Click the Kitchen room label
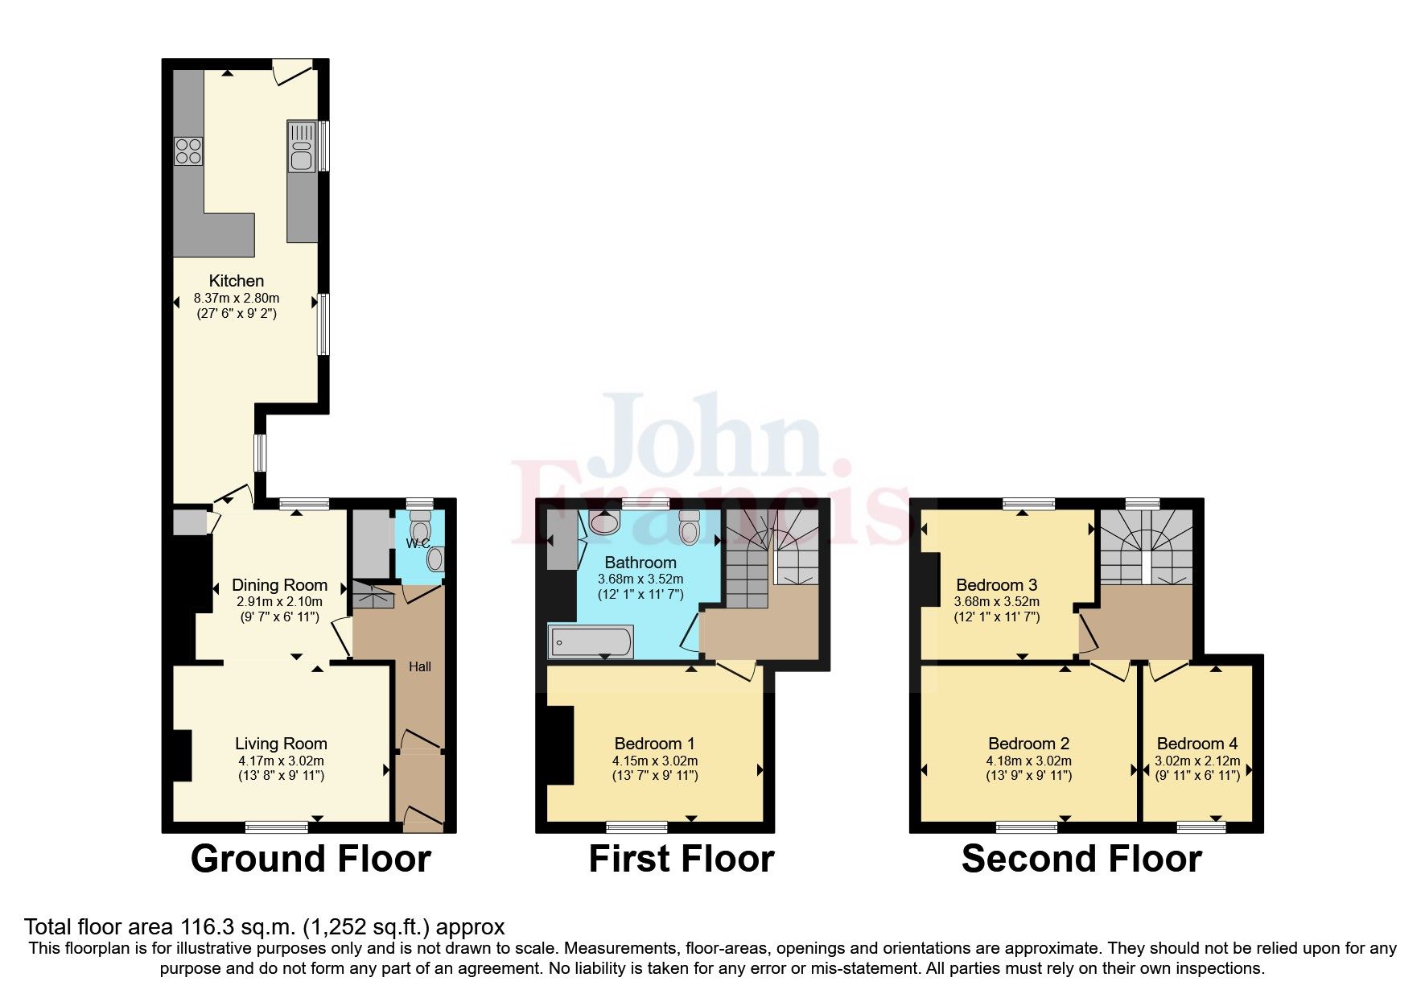[236, 281]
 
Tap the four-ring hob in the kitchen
[188, 151]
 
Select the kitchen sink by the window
[302, 148]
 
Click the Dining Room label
[279, 585]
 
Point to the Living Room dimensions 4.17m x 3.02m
[281, 761]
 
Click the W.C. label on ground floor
[417, 543]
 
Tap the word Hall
[419, 666]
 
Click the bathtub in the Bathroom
[591, 642]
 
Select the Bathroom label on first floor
[640, 563]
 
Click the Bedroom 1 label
[654, 744]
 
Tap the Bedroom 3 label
[996, 585]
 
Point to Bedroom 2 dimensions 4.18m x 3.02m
[1028, 761]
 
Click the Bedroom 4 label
[1196, 744]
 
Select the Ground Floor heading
[311, 859]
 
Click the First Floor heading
[681, 859]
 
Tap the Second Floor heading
[1081, 859]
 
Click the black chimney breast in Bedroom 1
[560, 744]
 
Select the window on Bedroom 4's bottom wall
[1201, 827]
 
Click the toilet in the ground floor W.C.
[420, 527]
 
